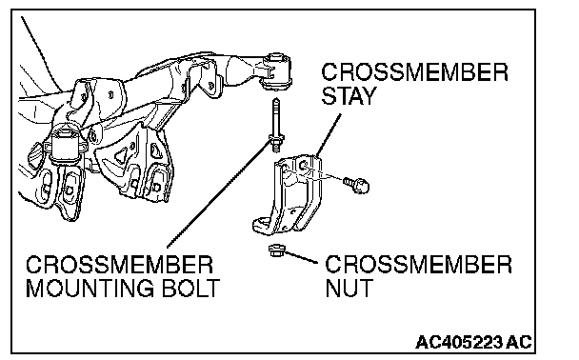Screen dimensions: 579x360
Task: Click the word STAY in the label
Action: point(349,95)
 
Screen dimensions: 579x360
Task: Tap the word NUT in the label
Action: point(349,288)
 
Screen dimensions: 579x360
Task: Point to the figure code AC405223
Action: point(459,342)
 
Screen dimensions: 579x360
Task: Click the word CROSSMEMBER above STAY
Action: point(414,72)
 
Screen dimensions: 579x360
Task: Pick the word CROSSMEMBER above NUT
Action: point(418,264)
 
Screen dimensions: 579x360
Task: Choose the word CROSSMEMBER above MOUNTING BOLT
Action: point(120,265)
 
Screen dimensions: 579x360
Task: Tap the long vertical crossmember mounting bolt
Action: point(276,125)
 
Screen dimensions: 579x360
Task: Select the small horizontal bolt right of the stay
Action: point(356,185)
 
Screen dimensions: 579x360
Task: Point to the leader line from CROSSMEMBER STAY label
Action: point(329,135)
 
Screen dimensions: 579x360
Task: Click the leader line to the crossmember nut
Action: point(301,256)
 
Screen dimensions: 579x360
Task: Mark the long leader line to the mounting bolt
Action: point(220,194)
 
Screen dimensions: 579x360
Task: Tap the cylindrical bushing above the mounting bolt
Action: point(276,70)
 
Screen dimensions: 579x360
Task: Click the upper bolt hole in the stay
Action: point(304,166)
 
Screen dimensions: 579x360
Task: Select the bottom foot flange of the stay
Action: point(263,225)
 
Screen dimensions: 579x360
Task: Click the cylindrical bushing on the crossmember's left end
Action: point(65,145)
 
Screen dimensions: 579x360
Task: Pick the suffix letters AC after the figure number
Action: point(519,342)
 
